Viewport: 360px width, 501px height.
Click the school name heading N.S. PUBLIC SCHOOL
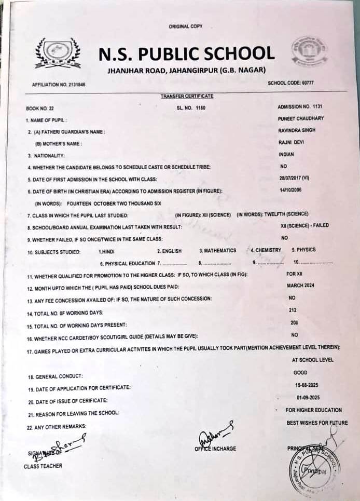[186, 53]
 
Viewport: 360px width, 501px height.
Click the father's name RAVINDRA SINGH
[297, 130]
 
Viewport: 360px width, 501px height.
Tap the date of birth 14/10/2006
[290, 189]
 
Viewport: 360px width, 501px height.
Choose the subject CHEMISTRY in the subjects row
[268, 250]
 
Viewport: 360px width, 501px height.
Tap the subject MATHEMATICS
[217, 251]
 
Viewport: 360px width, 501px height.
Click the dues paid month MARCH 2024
[300, 286]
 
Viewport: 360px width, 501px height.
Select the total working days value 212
[292, 310]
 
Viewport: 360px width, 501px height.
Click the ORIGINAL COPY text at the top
[185, 26]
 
